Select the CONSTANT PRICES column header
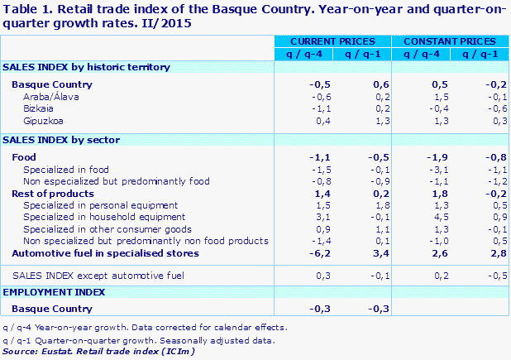tap(450, 41)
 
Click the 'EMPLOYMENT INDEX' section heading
tap(55, 292)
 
